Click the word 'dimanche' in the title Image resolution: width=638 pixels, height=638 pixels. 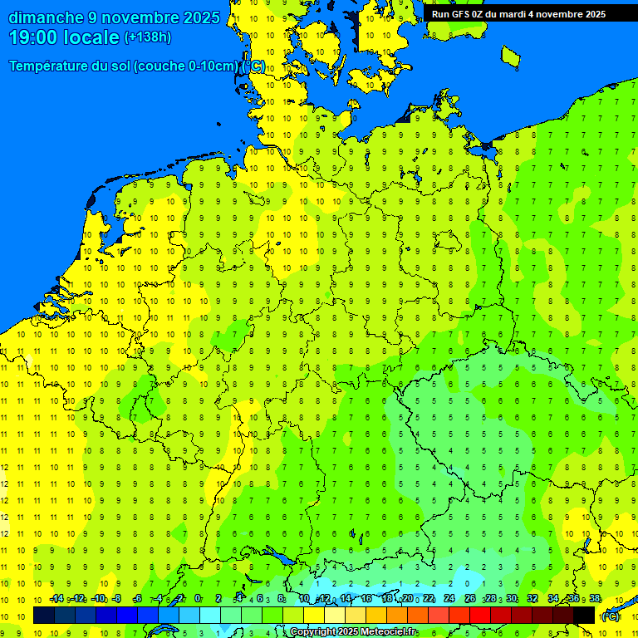46,17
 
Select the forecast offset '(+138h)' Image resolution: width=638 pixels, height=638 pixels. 147,37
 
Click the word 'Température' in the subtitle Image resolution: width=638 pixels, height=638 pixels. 49,66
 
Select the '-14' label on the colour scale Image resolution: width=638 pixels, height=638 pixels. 56,599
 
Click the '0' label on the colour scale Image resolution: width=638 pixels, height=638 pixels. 198,599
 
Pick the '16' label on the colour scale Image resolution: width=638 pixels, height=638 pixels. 366,599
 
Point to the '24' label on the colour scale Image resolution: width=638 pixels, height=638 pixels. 449,599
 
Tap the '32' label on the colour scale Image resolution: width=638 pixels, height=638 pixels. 532,599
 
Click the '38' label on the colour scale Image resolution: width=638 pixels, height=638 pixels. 595,599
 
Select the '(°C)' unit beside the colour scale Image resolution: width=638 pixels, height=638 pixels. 610,616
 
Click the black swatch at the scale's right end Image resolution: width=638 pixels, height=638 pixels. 584,616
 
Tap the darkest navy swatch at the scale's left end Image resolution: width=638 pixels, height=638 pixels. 44,616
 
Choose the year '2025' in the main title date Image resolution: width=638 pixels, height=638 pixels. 202,17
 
